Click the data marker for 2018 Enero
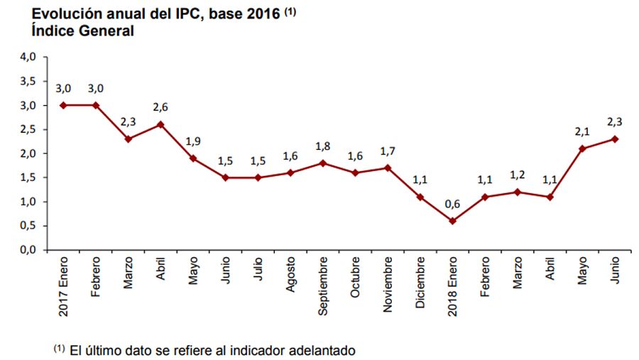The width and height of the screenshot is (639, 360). click(453, 221)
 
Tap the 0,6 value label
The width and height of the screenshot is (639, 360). click(453, 204)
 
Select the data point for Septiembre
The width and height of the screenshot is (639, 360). click(322, 163)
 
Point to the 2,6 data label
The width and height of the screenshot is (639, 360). click(160, 107)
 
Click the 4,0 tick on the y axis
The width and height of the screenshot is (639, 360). click(28, 57)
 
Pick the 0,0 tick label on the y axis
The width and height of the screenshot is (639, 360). click(28, 250)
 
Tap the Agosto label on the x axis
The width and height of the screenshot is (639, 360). click(291, 278)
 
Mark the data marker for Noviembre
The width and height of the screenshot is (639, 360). click(388, 168)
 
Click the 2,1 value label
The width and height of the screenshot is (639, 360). click(583, 131)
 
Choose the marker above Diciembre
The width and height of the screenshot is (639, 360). click(420, 197)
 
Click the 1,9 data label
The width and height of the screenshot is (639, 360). click(192, 141)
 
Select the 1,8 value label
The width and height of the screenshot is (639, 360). click(322, 146)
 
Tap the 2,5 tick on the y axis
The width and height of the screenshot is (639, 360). click(28, 129)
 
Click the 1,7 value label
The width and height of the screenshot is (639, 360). click(388, 151)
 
